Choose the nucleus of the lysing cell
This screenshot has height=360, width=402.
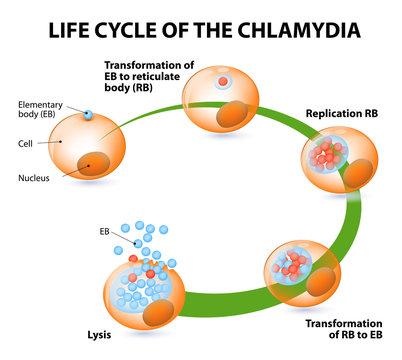(161, 314)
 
